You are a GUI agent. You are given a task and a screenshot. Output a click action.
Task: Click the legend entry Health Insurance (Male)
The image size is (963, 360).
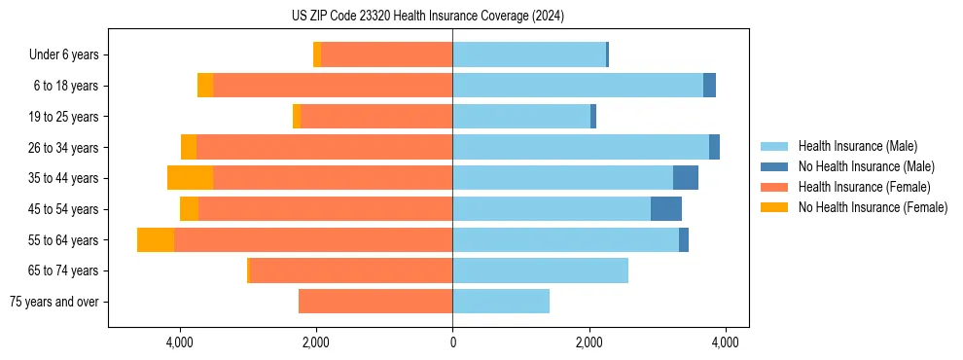coord(856,147)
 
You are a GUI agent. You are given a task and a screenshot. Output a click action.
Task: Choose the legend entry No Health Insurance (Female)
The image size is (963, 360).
coord(873,207)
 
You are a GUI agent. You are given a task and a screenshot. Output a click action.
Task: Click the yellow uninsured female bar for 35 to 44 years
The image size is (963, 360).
coord(190,178)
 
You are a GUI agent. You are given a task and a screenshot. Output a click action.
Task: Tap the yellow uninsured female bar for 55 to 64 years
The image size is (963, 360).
coord(156,239)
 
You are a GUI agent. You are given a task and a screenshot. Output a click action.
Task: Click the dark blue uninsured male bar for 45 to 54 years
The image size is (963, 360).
coord(666,208)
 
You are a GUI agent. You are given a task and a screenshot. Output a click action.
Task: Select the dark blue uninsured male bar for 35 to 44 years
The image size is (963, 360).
coord(686,178)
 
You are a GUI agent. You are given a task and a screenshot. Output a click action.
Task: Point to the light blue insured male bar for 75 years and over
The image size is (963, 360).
coord(501,302)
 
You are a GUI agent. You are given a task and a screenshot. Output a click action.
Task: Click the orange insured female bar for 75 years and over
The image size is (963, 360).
coord(375,302)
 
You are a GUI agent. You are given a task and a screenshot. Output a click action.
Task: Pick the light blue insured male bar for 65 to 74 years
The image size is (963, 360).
coord(540,270)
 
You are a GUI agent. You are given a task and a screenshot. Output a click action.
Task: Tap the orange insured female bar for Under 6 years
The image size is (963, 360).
coord(387,54)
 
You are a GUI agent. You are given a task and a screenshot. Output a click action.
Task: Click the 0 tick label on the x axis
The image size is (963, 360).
coord(452,342)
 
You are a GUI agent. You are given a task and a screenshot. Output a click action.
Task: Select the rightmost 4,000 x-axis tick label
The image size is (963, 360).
coord(725,342)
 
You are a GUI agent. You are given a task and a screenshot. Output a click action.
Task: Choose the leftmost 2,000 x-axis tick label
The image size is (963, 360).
coord(316,342)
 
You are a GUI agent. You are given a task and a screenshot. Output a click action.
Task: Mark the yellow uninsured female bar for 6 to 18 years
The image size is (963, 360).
coord(205,86)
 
